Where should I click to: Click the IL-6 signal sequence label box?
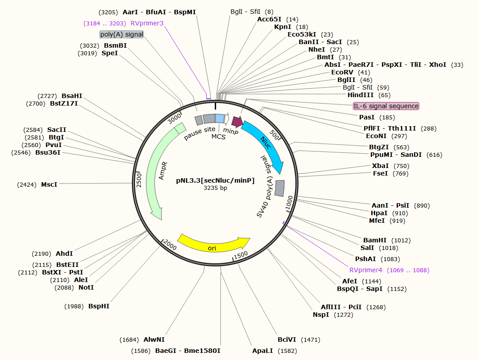(386, 106)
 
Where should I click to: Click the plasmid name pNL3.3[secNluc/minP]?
(215, 180)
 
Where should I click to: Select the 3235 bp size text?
(215, 188)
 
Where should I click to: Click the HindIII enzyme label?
(361, 95)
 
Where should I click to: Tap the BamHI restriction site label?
(375, 240)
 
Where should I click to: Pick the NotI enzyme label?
(86, 287)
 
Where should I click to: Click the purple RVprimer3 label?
(147, 23)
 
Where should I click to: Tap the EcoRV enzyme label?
(342, 72)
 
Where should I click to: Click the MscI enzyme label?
(49, 184)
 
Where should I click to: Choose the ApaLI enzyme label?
(262, 351)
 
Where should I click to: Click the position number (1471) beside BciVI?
(311, 340)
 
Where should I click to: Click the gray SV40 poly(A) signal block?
(280, 188)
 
